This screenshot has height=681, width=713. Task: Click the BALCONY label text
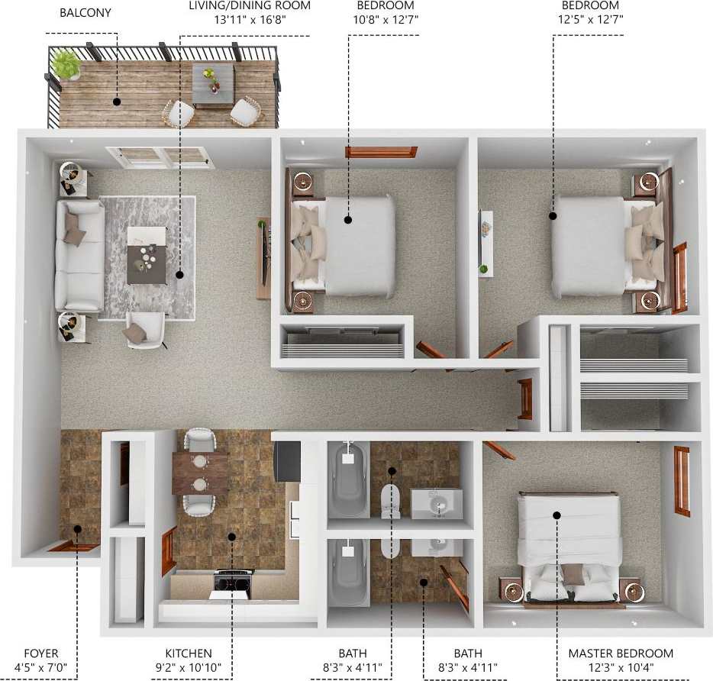pyautogui.click(x=85, y=13)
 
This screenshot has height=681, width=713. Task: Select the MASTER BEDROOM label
pyautogui.click(x=621, y=654)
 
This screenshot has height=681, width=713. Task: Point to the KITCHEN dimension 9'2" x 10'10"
pyautogui.click(x=189, y=667)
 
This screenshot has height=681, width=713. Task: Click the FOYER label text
pyautogui.click(x=40, y=654)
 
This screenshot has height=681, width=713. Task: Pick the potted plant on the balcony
pyautogui.click(x=67, y=64)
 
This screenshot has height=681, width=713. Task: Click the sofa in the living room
pyautogui.click(x=79, y=255)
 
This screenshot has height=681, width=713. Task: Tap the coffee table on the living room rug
pyautogui.click(x=147, y=254)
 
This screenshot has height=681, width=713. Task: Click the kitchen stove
pyautogui.click(x=233, y=583)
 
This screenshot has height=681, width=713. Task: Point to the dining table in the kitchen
pyautogui.click(x=200, y=473)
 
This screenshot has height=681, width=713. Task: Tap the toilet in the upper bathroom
pyautogui.click(x=391, y=499)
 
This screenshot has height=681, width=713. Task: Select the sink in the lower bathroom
pyautogui.click(x=437, y=547)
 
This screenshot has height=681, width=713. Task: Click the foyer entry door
pyautogui.click(x=73, y=546)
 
